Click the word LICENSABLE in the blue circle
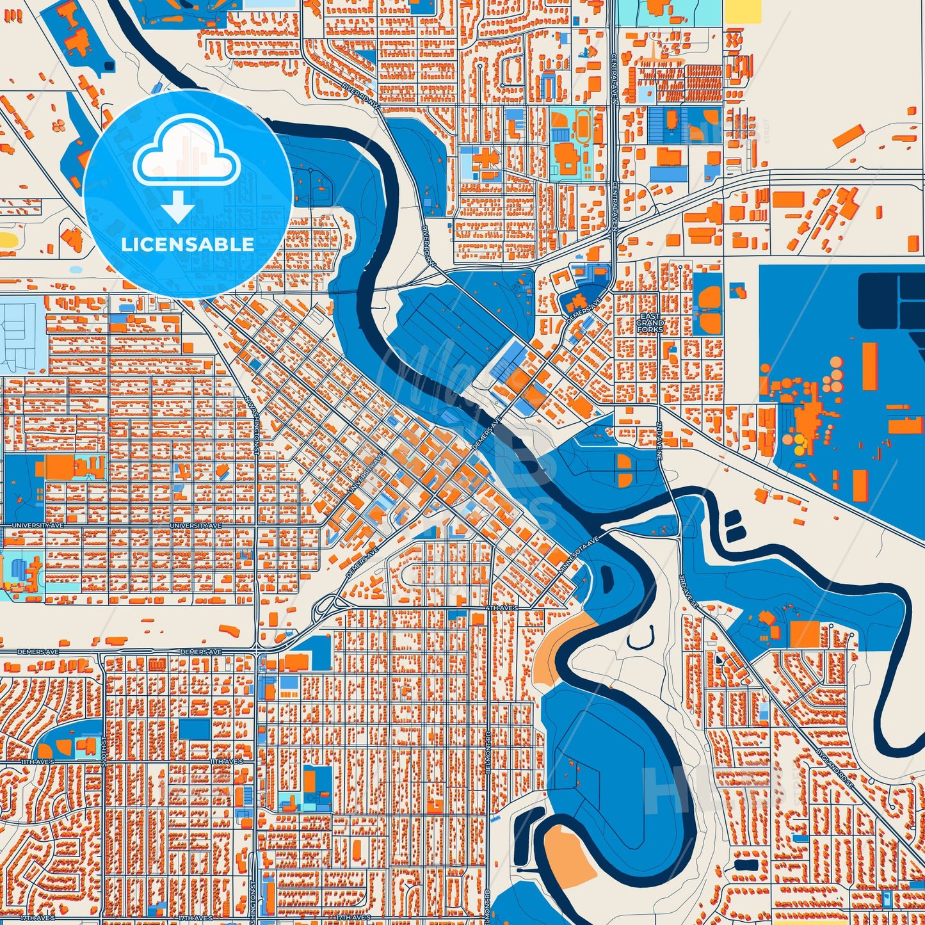(x=188, y=245)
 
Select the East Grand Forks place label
(x=650, y=323)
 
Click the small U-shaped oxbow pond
(x=641, y=637)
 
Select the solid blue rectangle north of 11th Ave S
(x=195, y=729)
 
